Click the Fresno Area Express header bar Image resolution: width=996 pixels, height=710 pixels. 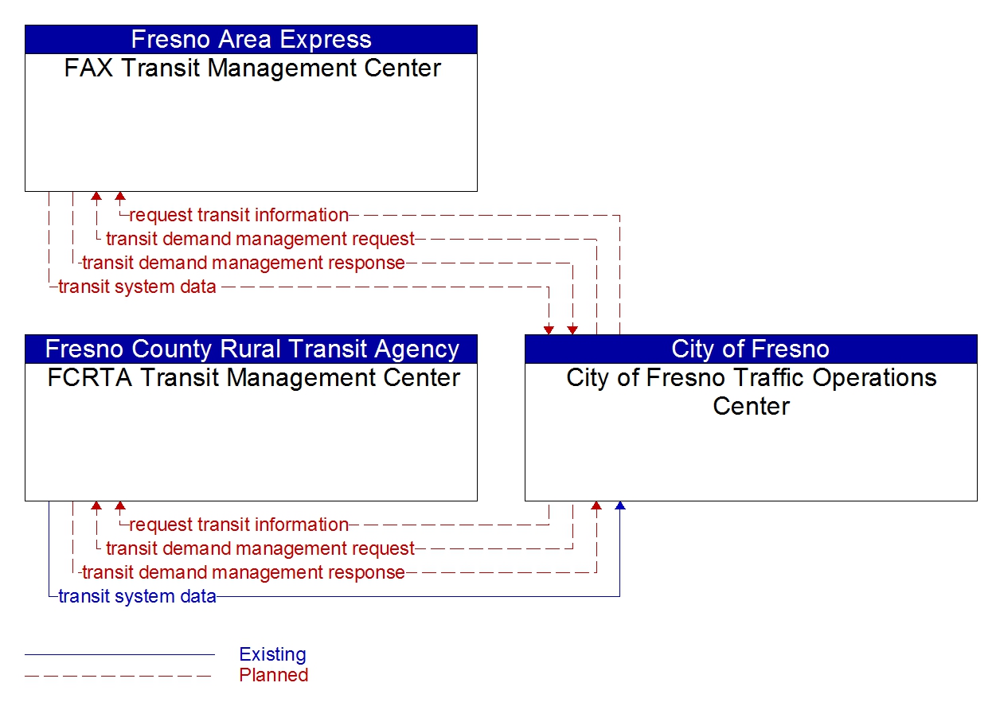[251, 40]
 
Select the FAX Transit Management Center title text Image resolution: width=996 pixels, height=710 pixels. [252, 68]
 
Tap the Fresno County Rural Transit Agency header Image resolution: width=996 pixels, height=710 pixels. [251, 349]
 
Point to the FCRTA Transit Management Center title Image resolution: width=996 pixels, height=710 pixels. [253, 377]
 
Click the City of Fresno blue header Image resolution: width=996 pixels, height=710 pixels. [751, 349]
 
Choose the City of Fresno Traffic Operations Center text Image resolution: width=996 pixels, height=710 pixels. [751, 392]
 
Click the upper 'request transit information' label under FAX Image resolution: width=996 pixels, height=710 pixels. [239, 215]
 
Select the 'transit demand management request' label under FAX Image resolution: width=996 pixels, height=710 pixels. [260, 239]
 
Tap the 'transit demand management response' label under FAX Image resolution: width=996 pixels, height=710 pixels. [244, 263]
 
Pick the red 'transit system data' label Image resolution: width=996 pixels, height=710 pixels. [138, 287]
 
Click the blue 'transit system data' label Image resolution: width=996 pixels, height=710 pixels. [138, 597]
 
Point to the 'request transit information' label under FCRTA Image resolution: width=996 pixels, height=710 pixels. [239, 525]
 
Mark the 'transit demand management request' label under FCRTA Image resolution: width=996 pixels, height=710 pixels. [260, 548]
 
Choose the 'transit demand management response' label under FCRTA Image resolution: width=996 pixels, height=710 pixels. [244, 572]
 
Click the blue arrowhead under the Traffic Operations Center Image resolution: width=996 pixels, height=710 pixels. [620, 505]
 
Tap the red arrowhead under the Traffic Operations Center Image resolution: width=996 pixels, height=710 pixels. [596, 505]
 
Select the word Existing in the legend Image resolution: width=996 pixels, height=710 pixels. [272, 654]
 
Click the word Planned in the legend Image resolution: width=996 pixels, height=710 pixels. [273, 675]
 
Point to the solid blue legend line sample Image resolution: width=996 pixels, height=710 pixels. [119, 654]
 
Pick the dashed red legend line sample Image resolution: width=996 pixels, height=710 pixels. [119, 677]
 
